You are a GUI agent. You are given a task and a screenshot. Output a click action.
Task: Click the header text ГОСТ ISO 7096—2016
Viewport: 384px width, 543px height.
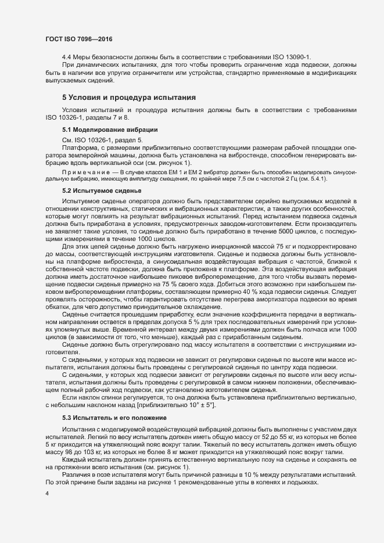coord(78,39)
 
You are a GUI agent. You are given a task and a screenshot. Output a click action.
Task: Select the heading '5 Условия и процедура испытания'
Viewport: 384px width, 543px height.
coord(129,96)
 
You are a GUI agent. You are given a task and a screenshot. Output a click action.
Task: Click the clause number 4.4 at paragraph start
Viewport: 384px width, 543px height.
coord(67,57)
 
